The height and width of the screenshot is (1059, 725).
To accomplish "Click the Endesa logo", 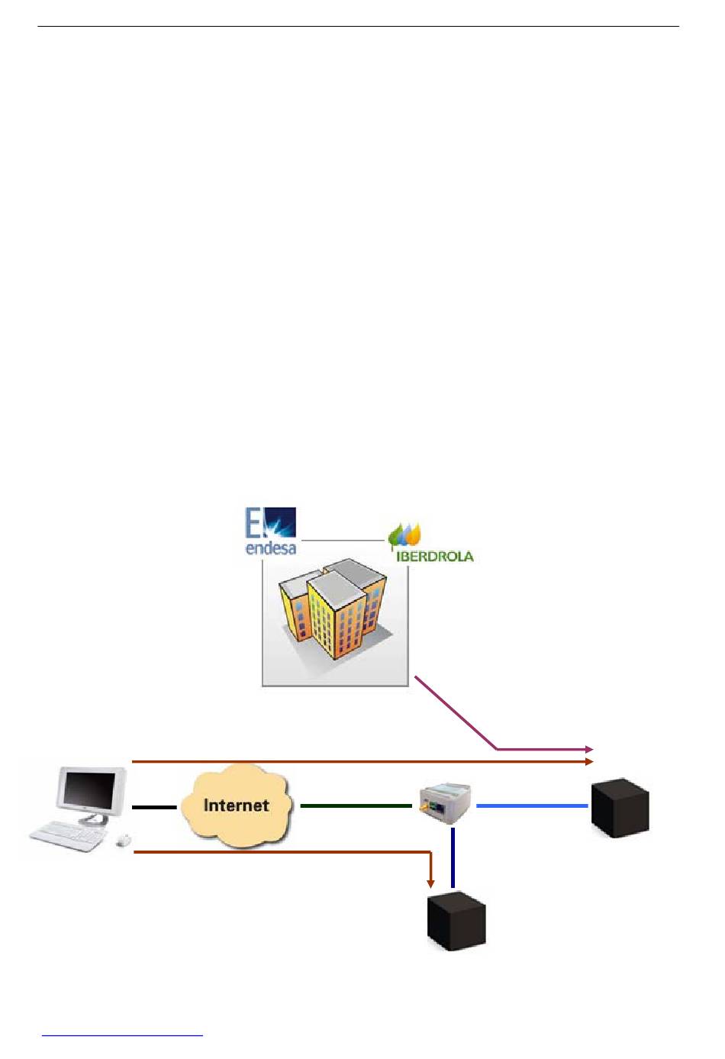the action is [270, 531].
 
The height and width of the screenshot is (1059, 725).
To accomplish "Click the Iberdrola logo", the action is [431, 543].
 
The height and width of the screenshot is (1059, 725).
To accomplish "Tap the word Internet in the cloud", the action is [236, 805].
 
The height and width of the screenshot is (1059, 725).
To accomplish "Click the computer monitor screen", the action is [90, 791].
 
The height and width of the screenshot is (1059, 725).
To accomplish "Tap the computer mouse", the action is [124, 840].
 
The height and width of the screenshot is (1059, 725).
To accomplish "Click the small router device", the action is [444, 803].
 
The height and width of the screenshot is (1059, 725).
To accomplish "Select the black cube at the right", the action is [620, 808].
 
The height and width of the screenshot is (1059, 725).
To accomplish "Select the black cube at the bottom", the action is [456, 922].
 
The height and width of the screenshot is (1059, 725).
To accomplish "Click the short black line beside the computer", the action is [154, 807].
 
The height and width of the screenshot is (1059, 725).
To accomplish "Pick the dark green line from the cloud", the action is [356, 806].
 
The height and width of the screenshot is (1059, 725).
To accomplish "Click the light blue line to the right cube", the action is [532, 805].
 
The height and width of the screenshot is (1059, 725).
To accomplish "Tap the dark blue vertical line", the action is [453, 857].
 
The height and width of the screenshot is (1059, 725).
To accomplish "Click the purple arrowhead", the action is [589, 749].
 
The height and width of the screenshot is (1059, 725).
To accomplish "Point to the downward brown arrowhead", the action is [430, 884].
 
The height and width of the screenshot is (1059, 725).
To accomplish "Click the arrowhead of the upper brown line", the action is [589, 762].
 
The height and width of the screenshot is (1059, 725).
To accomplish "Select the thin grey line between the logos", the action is [343, 540].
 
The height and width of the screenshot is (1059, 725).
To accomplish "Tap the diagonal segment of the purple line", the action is [456, 713].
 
